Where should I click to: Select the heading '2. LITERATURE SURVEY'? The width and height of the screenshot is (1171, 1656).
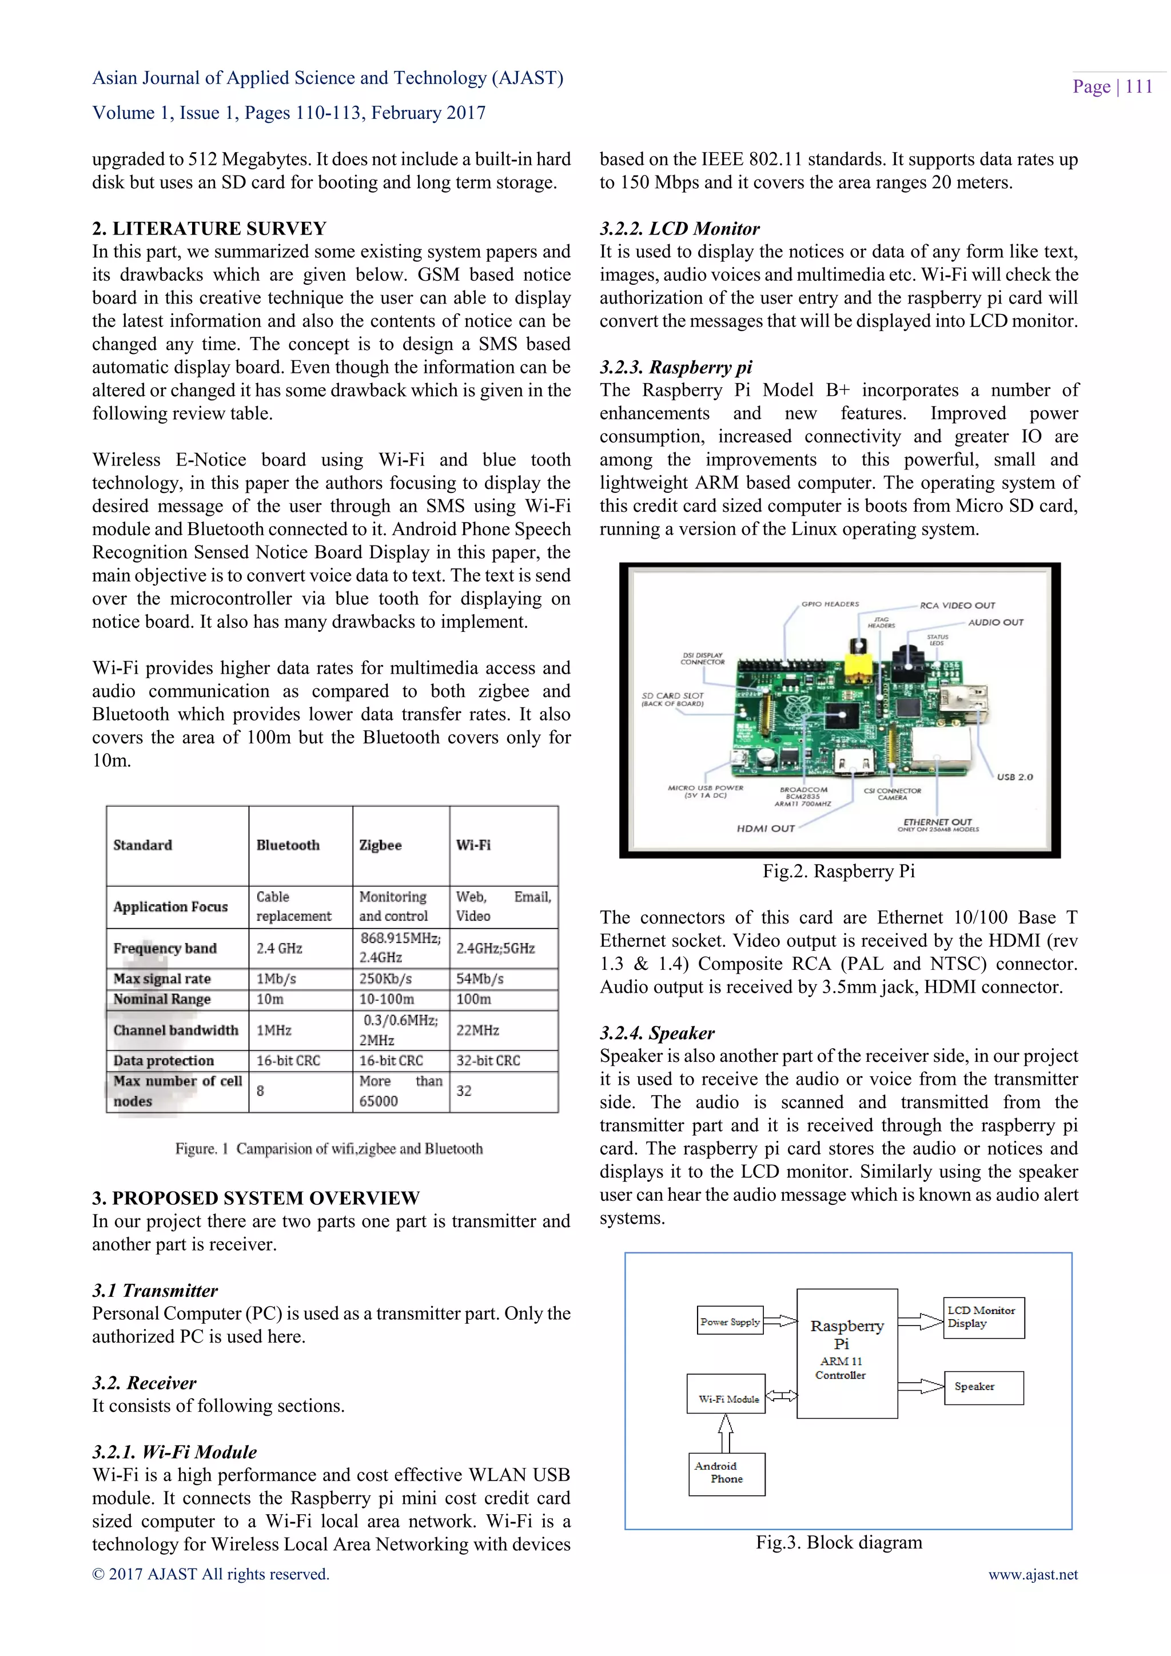click(x=209, y=229)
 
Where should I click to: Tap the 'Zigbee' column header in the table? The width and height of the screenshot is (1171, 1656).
click(x=381, y=845)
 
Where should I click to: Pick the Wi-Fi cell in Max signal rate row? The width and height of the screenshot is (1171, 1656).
click(x=480, y=979)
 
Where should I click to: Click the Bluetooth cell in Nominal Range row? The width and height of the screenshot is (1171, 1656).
click(x=270, y=1000)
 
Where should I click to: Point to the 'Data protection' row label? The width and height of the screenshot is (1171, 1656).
click(x=164, y=1060)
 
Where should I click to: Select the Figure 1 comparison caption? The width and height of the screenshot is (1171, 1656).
click(x=329, y=1148)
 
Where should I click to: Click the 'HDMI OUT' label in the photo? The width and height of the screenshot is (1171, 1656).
click(x=765, y=829)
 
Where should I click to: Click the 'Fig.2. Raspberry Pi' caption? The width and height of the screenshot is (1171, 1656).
click(x=839, y=871)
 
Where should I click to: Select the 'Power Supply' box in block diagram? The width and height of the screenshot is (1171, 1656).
click(x=730, y=1322)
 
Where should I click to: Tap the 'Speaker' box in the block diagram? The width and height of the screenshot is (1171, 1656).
click(x=983, y=1387)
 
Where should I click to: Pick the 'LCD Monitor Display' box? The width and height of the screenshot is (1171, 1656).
click(x=983, y=1317)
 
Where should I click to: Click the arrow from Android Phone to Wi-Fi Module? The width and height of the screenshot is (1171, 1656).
click(x=726, y=1432)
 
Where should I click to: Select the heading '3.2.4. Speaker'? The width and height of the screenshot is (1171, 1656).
click(x=657, y=1033)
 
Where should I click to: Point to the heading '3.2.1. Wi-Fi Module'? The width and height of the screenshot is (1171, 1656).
click(x=174, y=1452)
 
